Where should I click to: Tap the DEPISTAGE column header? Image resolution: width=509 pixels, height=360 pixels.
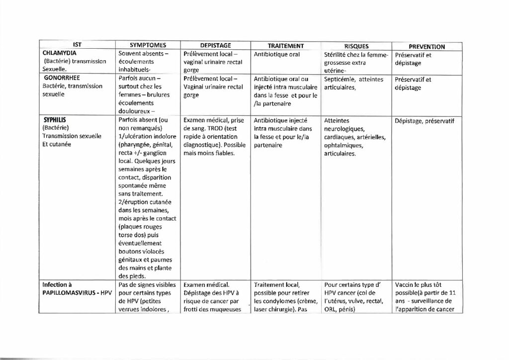coord(215,46)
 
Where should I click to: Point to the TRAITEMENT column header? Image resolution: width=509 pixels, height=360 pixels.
coord(286,46)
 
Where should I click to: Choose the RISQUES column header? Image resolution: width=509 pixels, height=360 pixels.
coord(356,46)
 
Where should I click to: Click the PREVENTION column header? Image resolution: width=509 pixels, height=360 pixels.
coord(426,47)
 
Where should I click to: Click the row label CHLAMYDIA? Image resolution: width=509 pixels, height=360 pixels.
coord(59,53)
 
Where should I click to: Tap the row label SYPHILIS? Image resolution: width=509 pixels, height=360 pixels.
coord(55,120)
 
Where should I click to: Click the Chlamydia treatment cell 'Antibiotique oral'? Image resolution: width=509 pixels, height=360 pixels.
coord(277,54)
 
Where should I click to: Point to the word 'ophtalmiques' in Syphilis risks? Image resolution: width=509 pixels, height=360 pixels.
coord(343,146)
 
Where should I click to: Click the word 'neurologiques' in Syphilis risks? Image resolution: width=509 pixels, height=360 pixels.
coord(343,129)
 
